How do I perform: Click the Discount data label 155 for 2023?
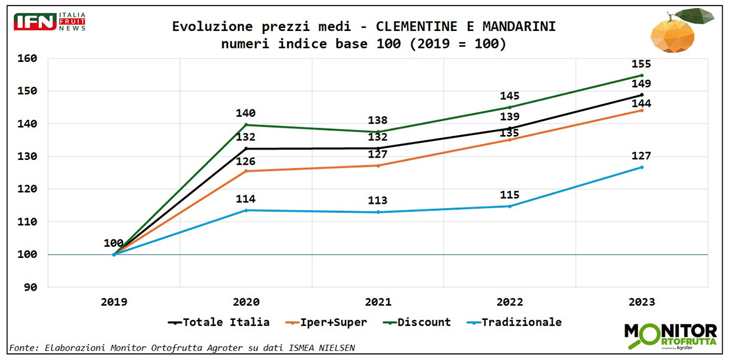pos(642,64)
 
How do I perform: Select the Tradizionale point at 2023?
pos(642,167)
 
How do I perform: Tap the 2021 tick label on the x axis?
pos(378,302)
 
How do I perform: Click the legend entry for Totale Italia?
pos(219,322)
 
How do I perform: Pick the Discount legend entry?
pos(417,322)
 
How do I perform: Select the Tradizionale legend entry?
pos(514,322)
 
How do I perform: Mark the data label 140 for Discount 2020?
pos(246,113)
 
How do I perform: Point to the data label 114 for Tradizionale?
pos(246,199)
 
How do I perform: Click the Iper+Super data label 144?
pos(642,103)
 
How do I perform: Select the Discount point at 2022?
pos(510,107)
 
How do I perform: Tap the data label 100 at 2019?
pos(114,243)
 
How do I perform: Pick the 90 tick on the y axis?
pos(30,287)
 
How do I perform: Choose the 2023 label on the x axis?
pos(642,302)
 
